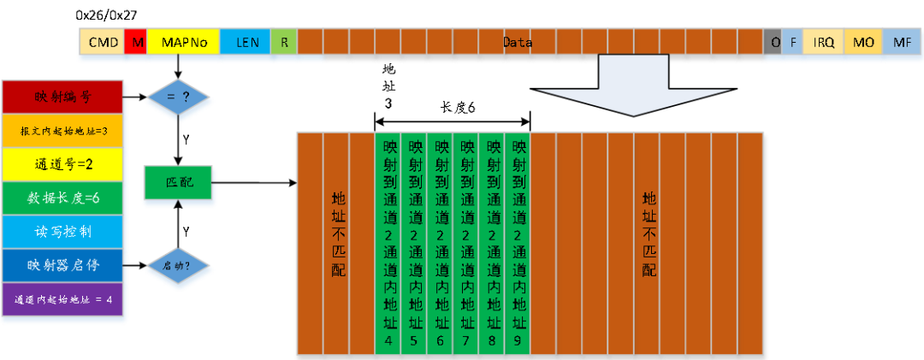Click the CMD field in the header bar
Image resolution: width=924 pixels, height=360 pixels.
pyautogui.click(x=103, y=42)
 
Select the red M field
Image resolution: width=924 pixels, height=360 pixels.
pyautogui.click(x=136, y=42)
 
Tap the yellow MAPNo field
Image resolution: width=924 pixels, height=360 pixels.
pyautogui.click(x=183, y=42)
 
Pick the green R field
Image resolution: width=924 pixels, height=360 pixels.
pyautogui.click(x=284, y=42)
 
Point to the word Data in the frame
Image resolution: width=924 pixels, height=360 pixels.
pyautogui.click(x=517, y=42)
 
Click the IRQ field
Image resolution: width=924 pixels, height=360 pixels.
pyautogui.click(x=823, y=42)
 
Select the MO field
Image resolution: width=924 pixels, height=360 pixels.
pyautogui.click(x=862, y=42)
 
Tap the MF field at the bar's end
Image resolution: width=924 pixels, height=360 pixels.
pyautogui.click(x=901, y=42)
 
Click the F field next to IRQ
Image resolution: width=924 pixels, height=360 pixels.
pyautogui.click(x=792, y=42)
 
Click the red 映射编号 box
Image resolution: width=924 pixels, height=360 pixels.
pyautogui.click(x=64, y=97)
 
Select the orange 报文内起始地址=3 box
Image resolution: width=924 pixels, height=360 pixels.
pyautogui.click(x=64, y=131)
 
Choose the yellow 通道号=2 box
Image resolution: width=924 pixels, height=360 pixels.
pyautogui.click(x=64, y=165)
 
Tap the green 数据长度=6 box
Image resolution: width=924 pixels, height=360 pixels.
pyautogui.click(x=64, y=198)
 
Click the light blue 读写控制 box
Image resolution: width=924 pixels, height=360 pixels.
pyautogui.click(x=64, y=232)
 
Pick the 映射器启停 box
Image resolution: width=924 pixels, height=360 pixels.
pyautogui.click(x=64, y=265)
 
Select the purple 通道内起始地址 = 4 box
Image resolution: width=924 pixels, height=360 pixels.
pyautogui.click(x=64, y=300)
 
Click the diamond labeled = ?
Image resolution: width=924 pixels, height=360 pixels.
pyautogui.click(x=178, y=97)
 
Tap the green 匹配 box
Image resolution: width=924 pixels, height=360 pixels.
pyautogui.click(x=178, y=183)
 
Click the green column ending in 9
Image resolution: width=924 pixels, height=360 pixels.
pyautogui.click(x=518, y=243)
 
